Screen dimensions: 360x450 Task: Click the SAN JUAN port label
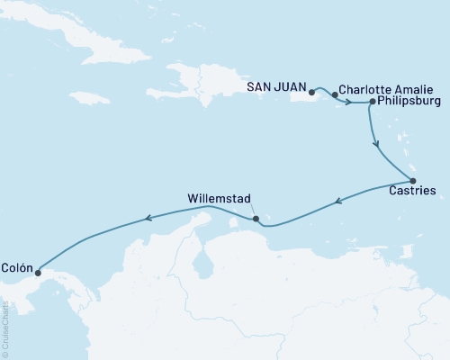tap(275, 87)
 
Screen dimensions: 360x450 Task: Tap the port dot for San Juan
tap(311, 92)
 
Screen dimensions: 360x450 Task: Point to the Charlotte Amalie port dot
tap(335, 94)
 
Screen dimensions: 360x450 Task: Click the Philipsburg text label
tap(410, 103)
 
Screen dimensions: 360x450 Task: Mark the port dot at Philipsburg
tap(373, 103)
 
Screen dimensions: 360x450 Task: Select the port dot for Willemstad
tap(256, 218)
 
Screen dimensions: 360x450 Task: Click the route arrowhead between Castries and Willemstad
tap(337, 202)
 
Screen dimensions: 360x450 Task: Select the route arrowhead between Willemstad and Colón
tap(150, 217)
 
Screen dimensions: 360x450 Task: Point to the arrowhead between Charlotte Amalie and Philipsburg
tap(347, 102)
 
